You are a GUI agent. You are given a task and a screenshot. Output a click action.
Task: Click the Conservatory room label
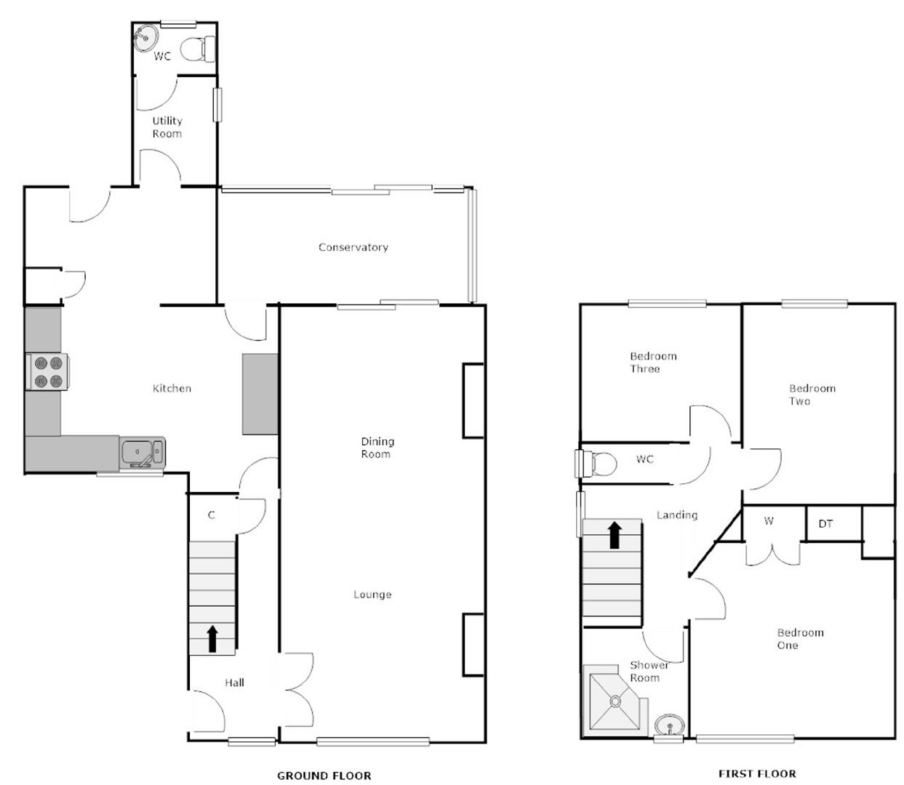[353, 247]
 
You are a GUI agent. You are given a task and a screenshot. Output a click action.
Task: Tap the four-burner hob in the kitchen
[48, 371]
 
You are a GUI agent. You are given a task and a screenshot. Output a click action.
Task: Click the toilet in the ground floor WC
[197, 49]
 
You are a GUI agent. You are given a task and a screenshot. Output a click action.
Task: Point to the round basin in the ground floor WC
[145, 36]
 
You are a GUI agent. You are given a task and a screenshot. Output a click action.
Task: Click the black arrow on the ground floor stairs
[212, 638]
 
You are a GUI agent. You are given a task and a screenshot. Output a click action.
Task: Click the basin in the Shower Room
[668, 725]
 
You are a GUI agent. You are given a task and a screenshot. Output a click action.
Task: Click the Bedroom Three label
[652, 362]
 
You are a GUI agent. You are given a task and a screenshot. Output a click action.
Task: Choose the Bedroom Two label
[812, 395]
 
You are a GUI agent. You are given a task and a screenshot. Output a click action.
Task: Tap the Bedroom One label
[799, 639]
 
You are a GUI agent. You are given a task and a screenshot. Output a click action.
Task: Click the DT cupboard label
[825, 523]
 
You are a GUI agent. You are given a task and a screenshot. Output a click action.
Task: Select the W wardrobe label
[769, 521]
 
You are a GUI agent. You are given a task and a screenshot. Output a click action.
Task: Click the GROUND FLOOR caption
[324, 776]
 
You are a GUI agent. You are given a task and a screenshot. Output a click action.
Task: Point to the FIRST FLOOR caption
[756, 773]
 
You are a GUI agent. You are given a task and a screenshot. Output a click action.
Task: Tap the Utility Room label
[167, 127]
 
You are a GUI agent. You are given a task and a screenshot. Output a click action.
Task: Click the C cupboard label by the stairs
[212, 515]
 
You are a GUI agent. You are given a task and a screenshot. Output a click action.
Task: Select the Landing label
[676, 515]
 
